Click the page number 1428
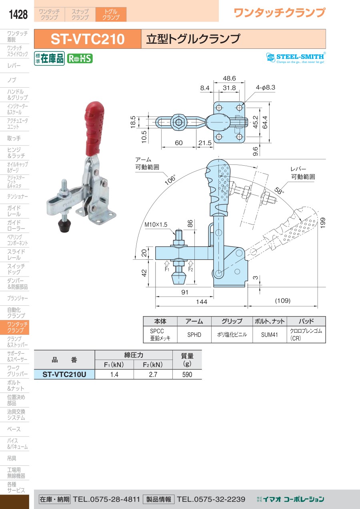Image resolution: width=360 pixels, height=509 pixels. pos(18,14)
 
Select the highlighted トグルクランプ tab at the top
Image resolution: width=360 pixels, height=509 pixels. pos(111,14)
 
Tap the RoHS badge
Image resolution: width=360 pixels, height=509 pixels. pos(80,58)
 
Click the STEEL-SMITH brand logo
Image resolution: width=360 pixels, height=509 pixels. pos(296,58)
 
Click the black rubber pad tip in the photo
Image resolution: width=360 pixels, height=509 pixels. pos(64,225)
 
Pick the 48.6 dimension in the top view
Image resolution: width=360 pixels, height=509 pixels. pos(229,78)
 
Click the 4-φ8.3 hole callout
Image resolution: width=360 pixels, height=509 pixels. pos(265,88)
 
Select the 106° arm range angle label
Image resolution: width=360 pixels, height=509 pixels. pos(170,180)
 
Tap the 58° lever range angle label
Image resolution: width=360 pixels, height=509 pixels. pos(279,190)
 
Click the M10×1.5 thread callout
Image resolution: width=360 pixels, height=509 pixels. pos(156,225)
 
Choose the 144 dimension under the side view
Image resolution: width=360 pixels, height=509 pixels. pos(202,302)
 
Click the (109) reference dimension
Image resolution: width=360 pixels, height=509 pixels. pos(282,301)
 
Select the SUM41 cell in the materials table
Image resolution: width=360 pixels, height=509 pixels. pos(270,335)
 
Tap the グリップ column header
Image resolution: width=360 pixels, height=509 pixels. pos(232,321)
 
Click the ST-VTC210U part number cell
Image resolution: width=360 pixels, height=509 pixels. pos(64,374)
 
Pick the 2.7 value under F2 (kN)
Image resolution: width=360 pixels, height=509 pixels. pos(153,374)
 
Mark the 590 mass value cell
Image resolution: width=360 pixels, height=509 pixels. pos(187,374)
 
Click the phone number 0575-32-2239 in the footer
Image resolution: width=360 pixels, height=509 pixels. pos(211,499)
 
